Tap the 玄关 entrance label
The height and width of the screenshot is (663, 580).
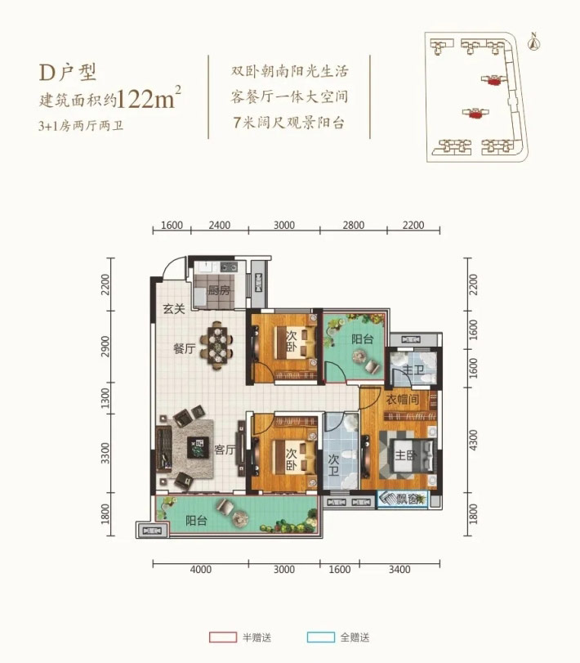point(172,309)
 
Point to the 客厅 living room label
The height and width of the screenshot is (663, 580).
point(225,450)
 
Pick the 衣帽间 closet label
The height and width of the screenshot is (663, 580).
point(401,400)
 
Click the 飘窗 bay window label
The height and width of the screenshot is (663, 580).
point(406,499)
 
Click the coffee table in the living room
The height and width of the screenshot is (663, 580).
point(197,447)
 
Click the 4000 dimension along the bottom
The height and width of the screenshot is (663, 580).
point(201,569)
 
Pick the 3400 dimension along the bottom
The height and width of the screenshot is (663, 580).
point(399,569)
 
